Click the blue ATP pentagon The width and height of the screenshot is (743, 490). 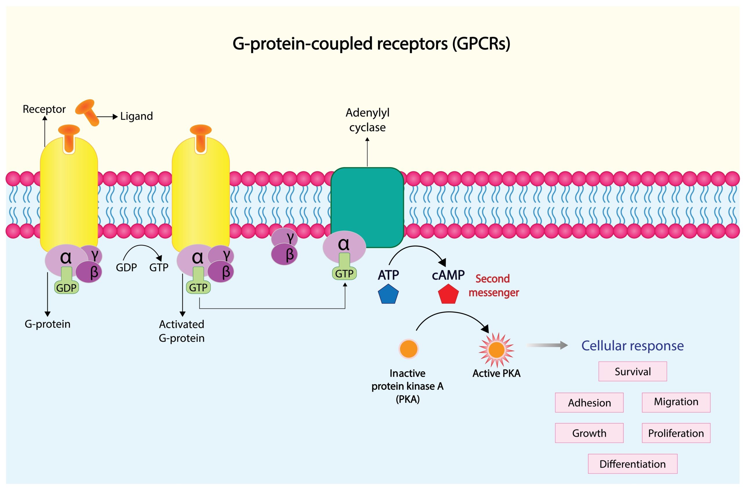(388, 294)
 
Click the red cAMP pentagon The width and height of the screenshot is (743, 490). (448, 294)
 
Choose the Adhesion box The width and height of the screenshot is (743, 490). (589, 403)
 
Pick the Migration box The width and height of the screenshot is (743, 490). (676, 402)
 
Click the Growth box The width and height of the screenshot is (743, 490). (589, 433)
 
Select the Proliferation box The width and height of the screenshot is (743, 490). (676, 433)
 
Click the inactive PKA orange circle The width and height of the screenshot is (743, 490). (409, 349)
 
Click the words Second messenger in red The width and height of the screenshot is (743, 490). (493, 286)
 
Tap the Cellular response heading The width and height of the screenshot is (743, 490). (632, 346)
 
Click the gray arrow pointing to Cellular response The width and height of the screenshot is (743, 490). (547, 345)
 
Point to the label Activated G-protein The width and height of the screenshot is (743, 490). (181, 331)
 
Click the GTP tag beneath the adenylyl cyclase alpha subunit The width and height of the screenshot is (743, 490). (344, 274)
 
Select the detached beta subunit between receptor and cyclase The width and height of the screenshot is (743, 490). (284, 255)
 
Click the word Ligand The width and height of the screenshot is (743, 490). (136, 116)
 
